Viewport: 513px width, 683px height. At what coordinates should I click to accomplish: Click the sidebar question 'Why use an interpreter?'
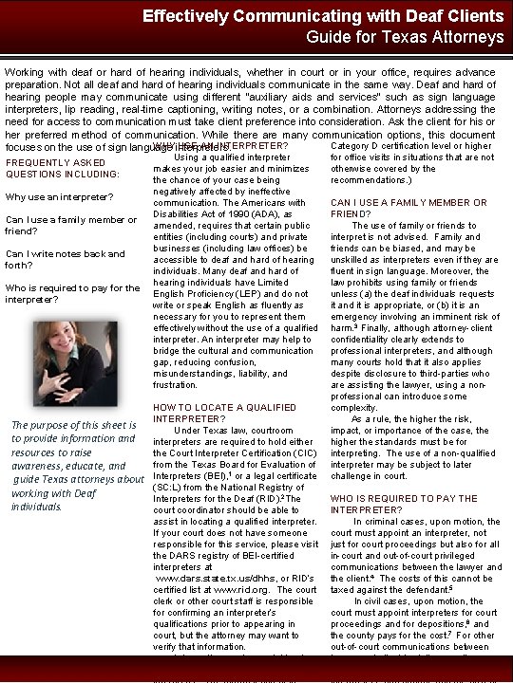(59, 197)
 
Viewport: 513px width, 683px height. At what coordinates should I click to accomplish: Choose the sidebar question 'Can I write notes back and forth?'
(65, 259)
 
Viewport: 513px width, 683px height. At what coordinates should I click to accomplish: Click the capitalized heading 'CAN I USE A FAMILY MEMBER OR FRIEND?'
(408, 208)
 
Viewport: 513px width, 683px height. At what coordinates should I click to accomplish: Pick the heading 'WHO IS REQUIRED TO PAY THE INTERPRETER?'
(405, 503)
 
